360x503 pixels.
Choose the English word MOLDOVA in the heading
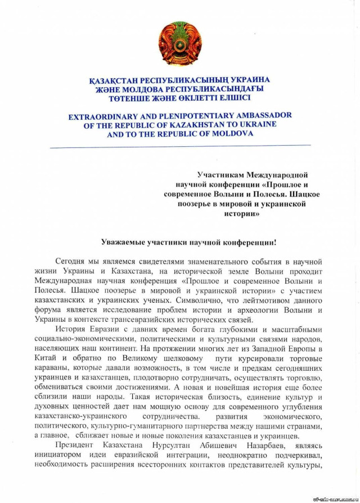click(x=229, y=134)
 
